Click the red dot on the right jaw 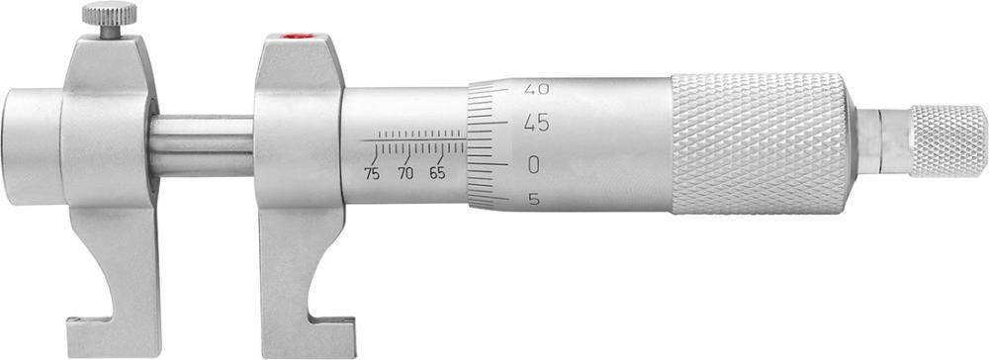[x=292, y=39]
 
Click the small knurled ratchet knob [x=947, y=141]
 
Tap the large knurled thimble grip [x=760, y=143]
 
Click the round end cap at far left [x=30, y=135]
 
